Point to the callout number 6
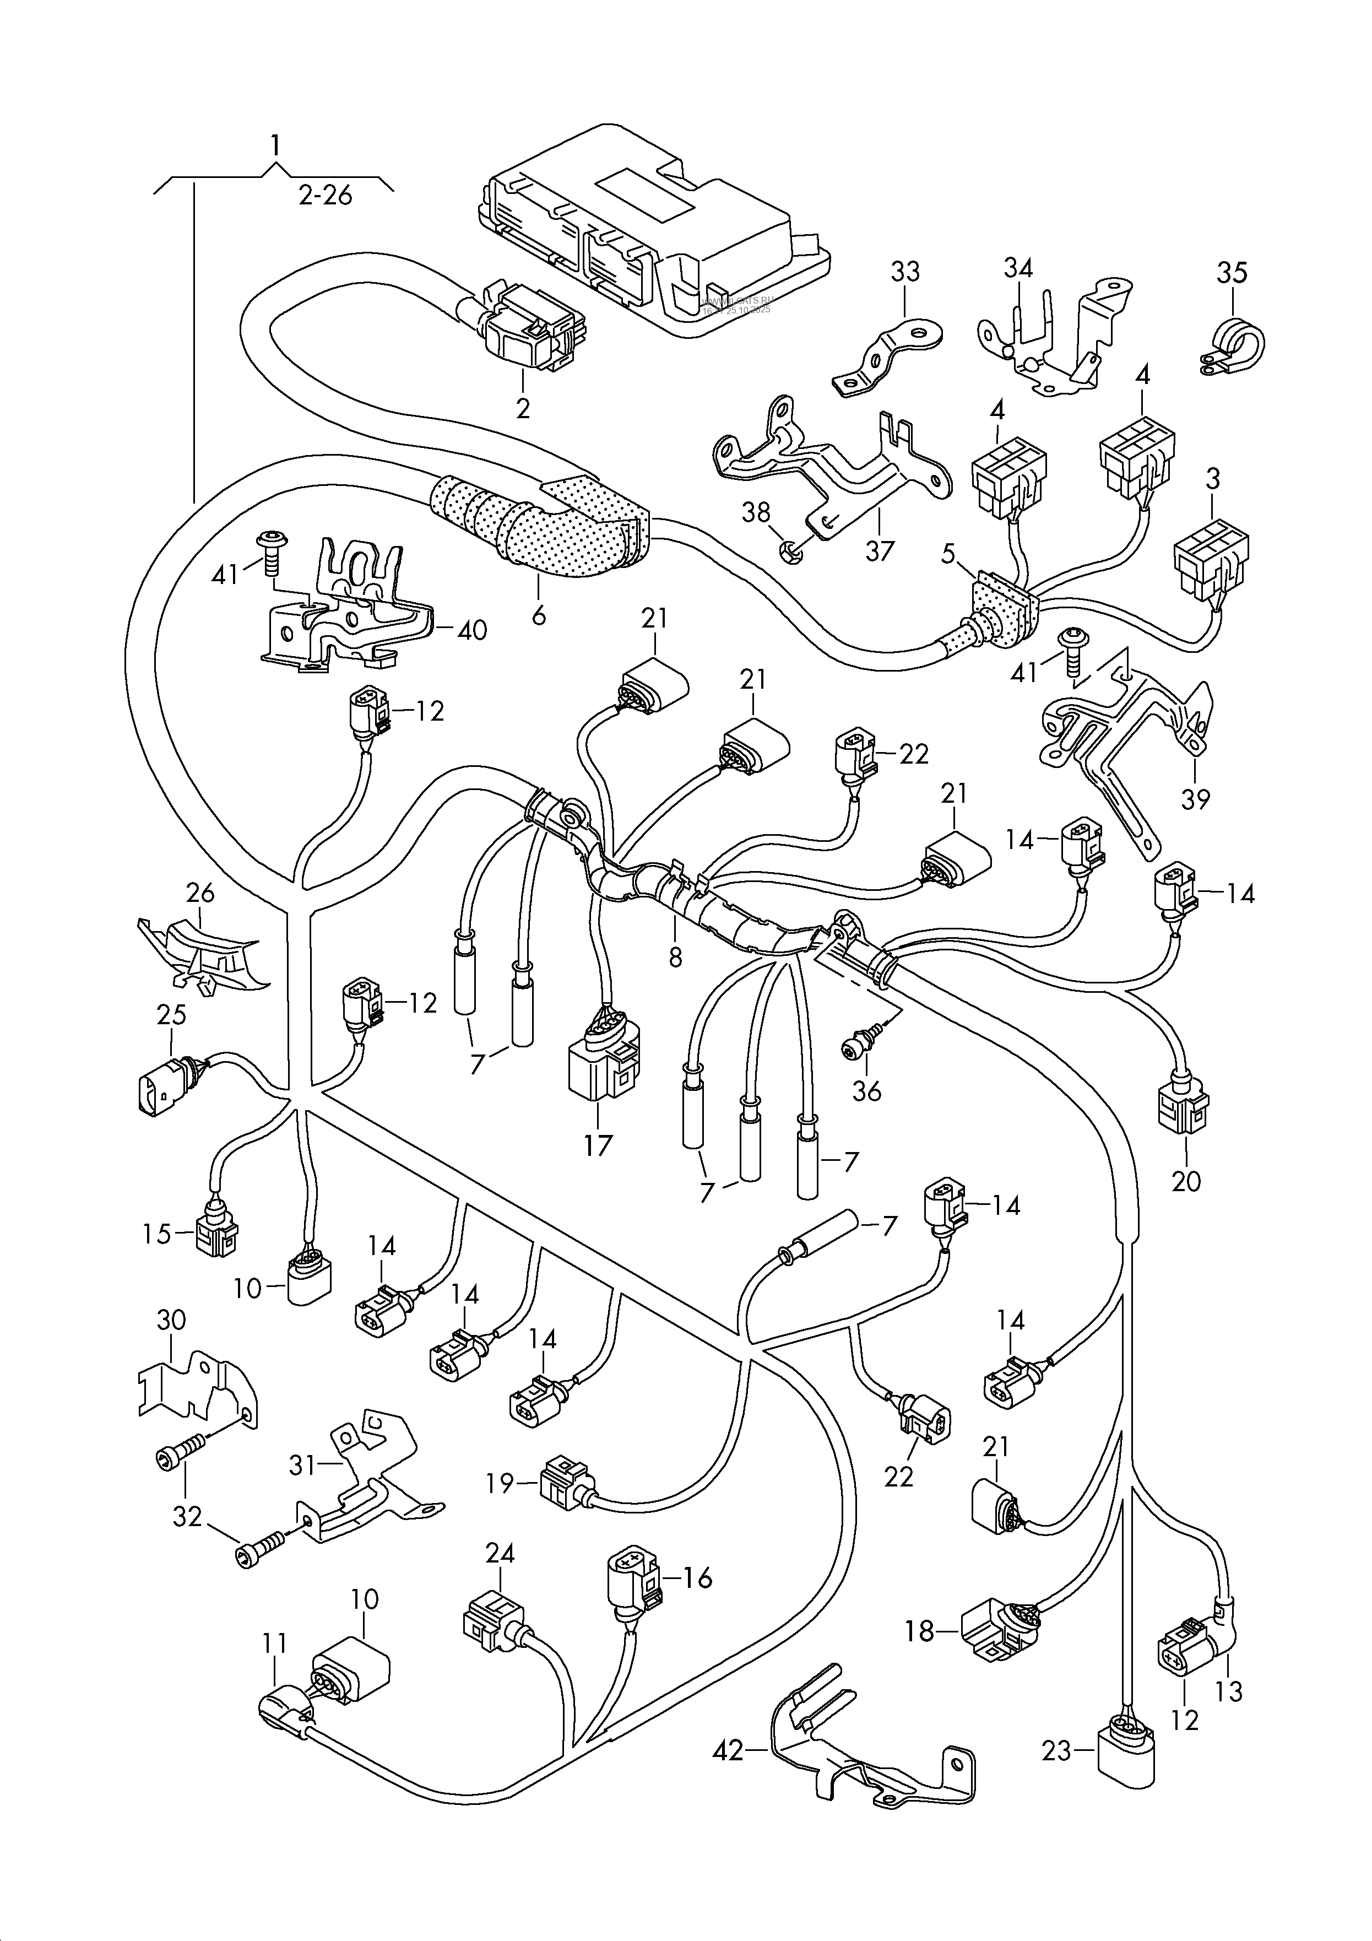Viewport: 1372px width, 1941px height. coord(539,615)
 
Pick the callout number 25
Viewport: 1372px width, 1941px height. coord(172,1014)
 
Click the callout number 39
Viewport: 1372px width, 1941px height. coord(1195,798)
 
